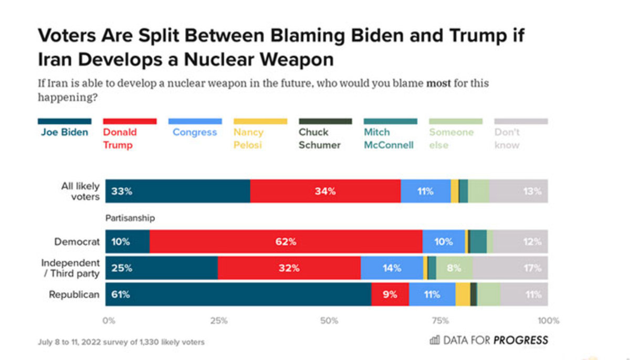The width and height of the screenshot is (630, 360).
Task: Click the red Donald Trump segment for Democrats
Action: tap(286, 242)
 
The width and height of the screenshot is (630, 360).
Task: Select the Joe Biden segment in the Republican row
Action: tap(238, 294)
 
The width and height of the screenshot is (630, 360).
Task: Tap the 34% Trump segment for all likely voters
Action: tap(325, 192)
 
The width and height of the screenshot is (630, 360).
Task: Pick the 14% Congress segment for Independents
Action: tap(392, 268)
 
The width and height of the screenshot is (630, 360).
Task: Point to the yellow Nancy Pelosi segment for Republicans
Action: tap(463, 294)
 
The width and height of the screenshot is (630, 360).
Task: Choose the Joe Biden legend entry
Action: tap(65, 132)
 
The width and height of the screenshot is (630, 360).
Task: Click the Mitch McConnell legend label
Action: tap(388, 138)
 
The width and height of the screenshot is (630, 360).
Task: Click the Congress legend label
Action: tap(194, 132)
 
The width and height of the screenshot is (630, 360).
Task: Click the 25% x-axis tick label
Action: tap(219, 321)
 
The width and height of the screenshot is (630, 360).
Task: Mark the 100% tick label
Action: tap(549, 321)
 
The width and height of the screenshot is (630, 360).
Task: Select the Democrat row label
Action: tap(77, 242)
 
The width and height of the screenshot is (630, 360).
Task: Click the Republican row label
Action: tap(74, 294)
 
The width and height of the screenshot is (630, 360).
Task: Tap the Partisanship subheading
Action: tap(130, 217)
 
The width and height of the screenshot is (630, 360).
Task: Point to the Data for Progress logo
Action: tap(489, 340)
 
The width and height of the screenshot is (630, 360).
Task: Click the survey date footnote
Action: tap(121, 342)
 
